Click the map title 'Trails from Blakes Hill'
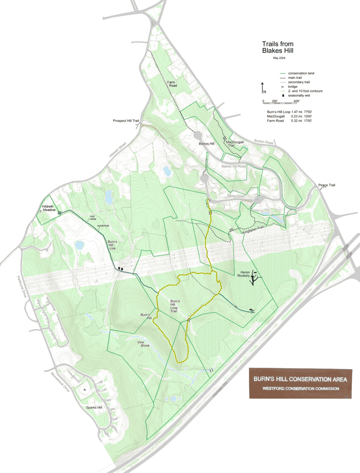coord(278,47)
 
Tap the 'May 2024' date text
coord(280,58)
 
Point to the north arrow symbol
coord(262,88)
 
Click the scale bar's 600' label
coord(296,101)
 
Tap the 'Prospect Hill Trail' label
coord(126,121)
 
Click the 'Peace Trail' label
coord(326,185)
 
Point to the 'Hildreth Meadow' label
coord(49,208)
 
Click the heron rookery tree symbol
coord(254,279)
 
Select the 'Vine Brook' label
coord(144,344)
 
